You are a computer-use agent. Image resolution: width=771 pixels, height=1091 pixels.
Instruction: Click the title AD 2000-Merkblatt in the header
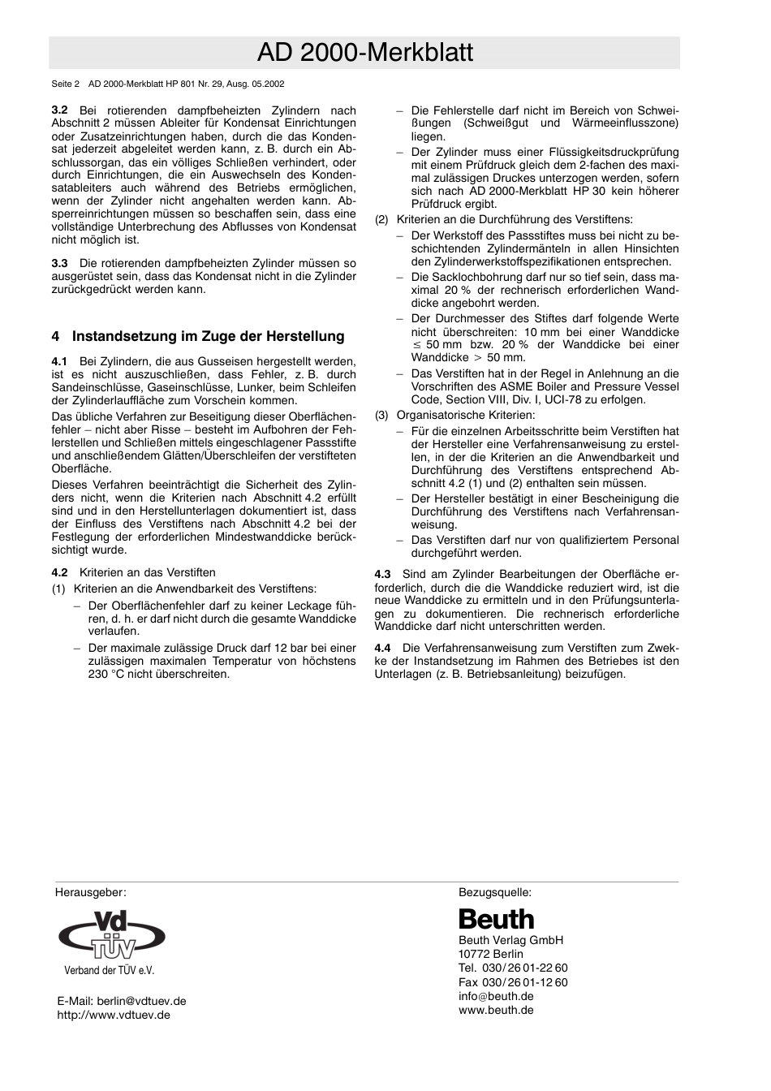click(x=364, y=53)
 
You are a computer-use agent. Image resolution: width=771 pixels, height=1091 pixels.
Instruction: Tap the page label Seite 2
click(x=65, y=84)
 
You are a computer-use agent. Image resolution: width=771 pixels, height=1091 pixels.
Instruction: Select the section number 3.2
click(x=59, y=110)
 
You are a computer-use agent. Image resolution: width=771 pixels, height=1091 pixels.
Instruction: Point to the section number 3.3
click(x=59, y=263)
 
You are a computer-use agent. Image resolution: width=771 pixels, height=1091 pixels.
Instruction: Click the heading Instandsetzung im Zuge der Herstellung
click(x=208, y=336)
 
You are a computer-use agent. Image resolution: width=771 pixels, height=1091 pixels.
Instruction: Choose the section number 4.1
click(x=59, y=360)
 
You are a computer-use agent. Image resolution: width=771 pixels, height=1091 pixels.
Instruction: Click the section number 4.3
click(x=382, y=574)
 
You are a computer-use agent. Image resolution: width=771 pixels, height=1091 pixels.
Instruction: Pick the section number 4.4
click(x=382, y=648)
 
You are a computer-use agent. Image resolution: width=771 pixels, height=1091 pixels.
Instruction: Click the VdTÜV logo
click(x=111, y=936)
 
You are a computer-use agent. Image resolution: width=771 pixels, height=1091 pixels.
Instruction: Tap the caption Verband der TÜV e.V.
click(x=109, y=970)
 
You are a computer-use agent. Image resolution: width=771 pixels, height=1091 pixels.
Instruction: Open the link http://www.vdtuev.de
click(x=114, y=1015)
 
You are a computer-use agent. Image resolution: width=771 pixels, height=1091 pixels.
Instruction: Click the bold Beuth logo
click(x=497, y=919)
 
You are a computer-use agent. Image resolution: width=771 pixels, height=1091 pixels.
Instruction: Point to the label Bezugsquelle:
click(x=495, y=892)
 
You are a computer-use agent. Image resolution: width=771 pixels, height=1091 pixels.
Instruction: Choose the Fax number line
click(x=513, y=982)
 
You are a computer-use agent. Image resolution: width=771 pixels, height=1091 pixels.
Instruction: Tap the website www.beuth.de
click(x=496, y=1010)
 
